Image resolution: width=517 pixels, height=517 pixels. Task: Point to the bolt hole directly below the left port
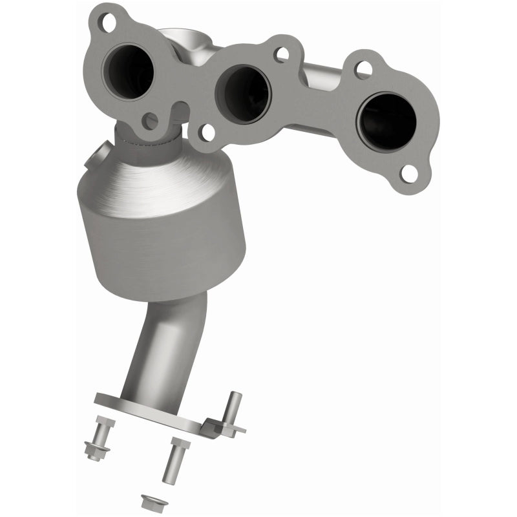(150, 120)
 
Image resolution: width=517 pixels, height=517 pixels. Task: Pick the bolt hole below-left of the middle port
(207, 132)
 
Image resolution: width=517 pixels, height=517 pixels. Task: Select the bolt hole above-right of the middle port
(280, 54)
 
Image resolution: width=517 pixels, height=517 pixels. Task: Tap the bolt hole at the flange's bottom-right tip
(408, 172)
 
